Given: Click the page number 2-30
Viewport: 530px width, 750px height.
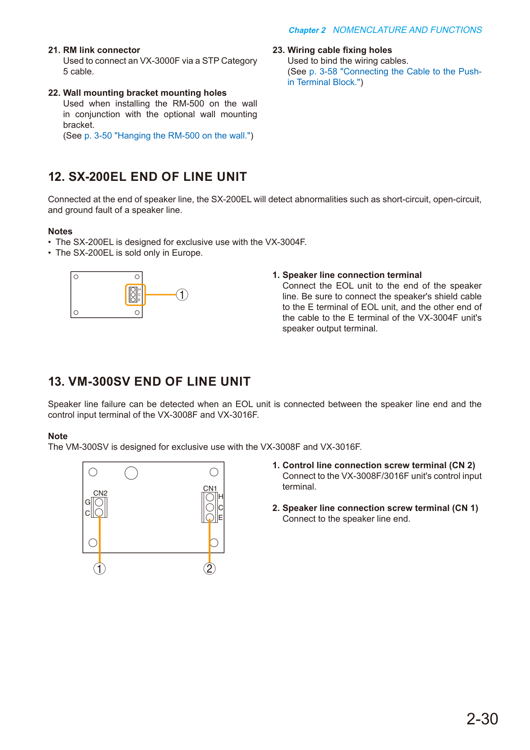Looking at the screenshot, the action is pyautogui.click(x=482, y=719).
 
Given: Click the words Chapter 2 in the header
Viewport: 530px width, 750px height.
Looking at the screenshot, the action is pyautogui.click(x=307, y=30).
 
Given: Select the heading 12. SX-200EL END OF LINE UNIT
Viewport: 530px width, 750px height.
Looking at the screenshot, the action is pyautogui.click(x=148, y=177).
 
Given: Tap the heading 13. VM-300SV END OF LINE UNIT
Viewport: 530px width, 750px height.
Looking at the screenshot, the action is pyautogui.click(x=149, y=381).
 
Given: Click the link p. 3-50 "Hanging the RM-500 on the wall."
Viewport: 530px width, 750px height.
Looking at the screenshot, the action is pyautogui.click(x=168, y=136).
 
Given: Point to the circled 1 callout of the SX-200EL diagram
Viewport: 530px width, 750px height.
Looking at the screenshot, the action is pyautogui.click(x=182, y=295).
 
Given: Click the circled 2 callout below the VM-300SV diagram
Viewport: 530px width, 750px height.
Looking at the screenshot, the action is pyautogui.click(x=209, y=568).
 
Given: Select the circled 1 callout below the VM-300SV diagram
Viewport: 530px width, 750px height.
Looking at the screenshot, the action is pyautogui.click(x=100, y=568).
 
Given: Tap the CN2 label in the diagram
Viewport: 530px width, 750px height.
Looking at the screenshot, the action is pyautogui.click(x=100, y=493).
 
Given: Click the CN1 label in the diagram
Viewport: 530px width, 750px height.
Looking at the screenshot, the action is pyautogui.click(x=210, y=488).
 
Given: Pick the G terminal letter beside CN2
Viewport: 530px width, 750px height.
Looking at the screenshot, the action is pyautogui.click(x=88, y=502).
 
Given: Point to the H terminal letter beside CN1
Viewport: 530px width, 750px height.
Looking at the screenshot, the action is pyautogui.click(x=221, y=497).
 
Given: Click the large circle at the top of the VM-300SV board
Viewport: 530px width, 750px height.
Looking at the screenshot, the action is pyautogui.click(x=131, y=473).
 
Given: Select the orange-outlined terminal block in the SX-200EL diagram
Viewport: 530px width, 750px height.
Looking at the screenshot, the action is pyautogui.click(x=135, y=295).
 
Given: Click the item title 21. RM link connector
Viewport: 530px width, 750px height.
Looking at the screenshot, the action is pyautogui.click(x=94, y=50).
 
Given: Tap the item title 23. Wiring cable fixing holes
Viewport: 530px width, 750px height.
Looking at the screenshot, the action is pyautogui.click(x=332, y=50).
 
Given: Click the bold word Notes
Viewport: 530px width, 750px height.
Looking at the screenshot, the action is pyautogui.click(x=60, y=231).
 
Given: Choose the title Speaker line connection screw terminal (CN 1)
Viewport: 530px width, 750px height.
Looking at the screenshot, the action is pyautogui.click(x=381, y=508).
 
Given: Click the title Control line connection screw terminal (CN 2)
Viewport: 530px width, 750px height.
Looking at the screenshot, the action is pyautogui.click(x=379, y=465).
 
